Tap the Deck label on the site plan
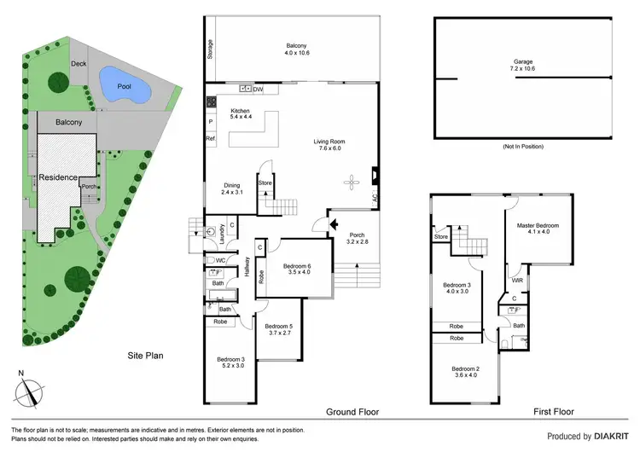click(79, 64)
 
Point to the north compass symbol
click(32, 390)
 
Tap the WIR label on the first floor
click(517, 280)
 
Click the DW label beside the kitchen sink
click(257, 89)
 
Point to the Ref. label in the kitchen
click(209, 138)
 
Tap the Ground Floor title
click(352, 412)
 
